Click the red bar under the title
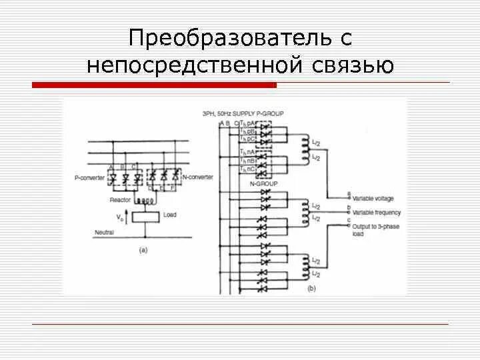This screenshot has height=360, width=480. pos(154,85)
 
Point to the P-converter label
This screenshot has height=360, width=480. pos(89,177)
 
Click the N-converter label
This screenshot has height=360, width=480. pos(198,177)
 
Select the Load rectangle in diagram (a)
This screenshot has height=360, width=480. pos(145,216)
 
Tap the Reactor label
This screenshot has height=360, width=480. pos(120,199)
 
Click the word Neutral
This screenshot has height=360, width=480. pos(103,233)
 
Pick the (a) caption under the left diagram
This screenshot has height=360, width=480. pos(143,250)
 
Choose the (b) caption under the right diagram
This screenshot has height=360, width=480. pos(311,289)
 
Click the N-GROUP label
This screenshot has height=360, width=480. pos(263,183)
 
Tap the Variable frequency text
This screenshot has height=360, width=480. pos(376,212)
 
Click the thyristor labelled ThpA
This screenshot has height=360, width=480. pos(266,125)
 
